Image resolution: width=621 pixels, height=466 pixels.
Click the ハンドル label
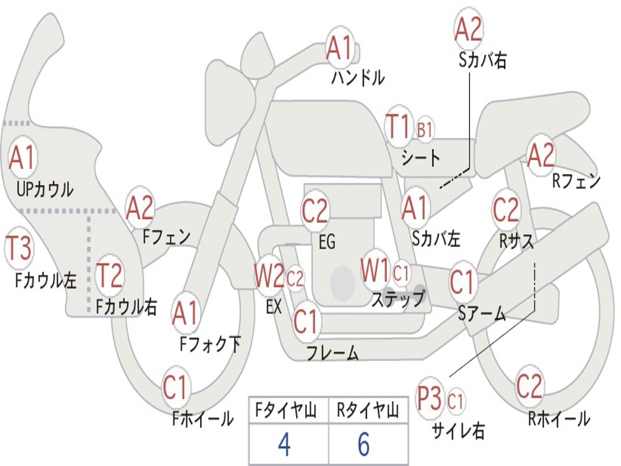[x=358, y=77]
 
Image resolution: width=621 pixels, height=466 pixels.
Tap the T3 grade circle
[x=19, y=248]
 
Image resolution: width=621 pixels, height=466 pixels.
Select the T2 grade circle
[x=109, y=275]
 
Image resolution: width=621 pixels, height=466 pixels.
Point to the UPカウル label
[x=45, y=189]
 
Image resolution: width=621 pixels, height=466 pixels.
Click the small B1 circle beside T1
[x=425, y=129]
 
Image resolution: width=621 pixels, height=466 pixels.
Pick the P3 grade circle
[x=430, y=398]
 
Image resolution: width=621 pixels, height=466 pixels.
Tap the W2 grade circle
[x=269, y=275]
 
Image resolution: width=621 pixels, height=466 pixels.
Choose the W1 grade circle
[x=375, y=270]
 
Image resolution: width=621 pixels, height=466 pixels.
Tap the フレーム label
[x=333, y=353]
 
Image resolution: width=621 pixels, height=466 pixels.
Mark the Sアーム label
[x=482, y=314]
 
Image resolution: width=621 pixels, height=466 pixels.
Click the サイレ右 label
[x=458, y=430]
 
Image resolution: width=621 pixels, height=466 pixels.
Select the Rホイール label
[x=559, y=419]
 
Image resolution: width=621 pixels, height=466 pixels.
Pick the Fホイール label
[x=203, y=419]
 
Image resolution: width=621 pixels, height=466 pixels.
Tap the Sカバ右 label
[x=483, y=60]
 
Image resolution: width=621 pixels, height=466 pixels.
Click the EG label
[x=327, y=241]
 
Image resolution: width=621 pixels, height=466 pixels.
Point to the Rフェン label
[x=577, y=181]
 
